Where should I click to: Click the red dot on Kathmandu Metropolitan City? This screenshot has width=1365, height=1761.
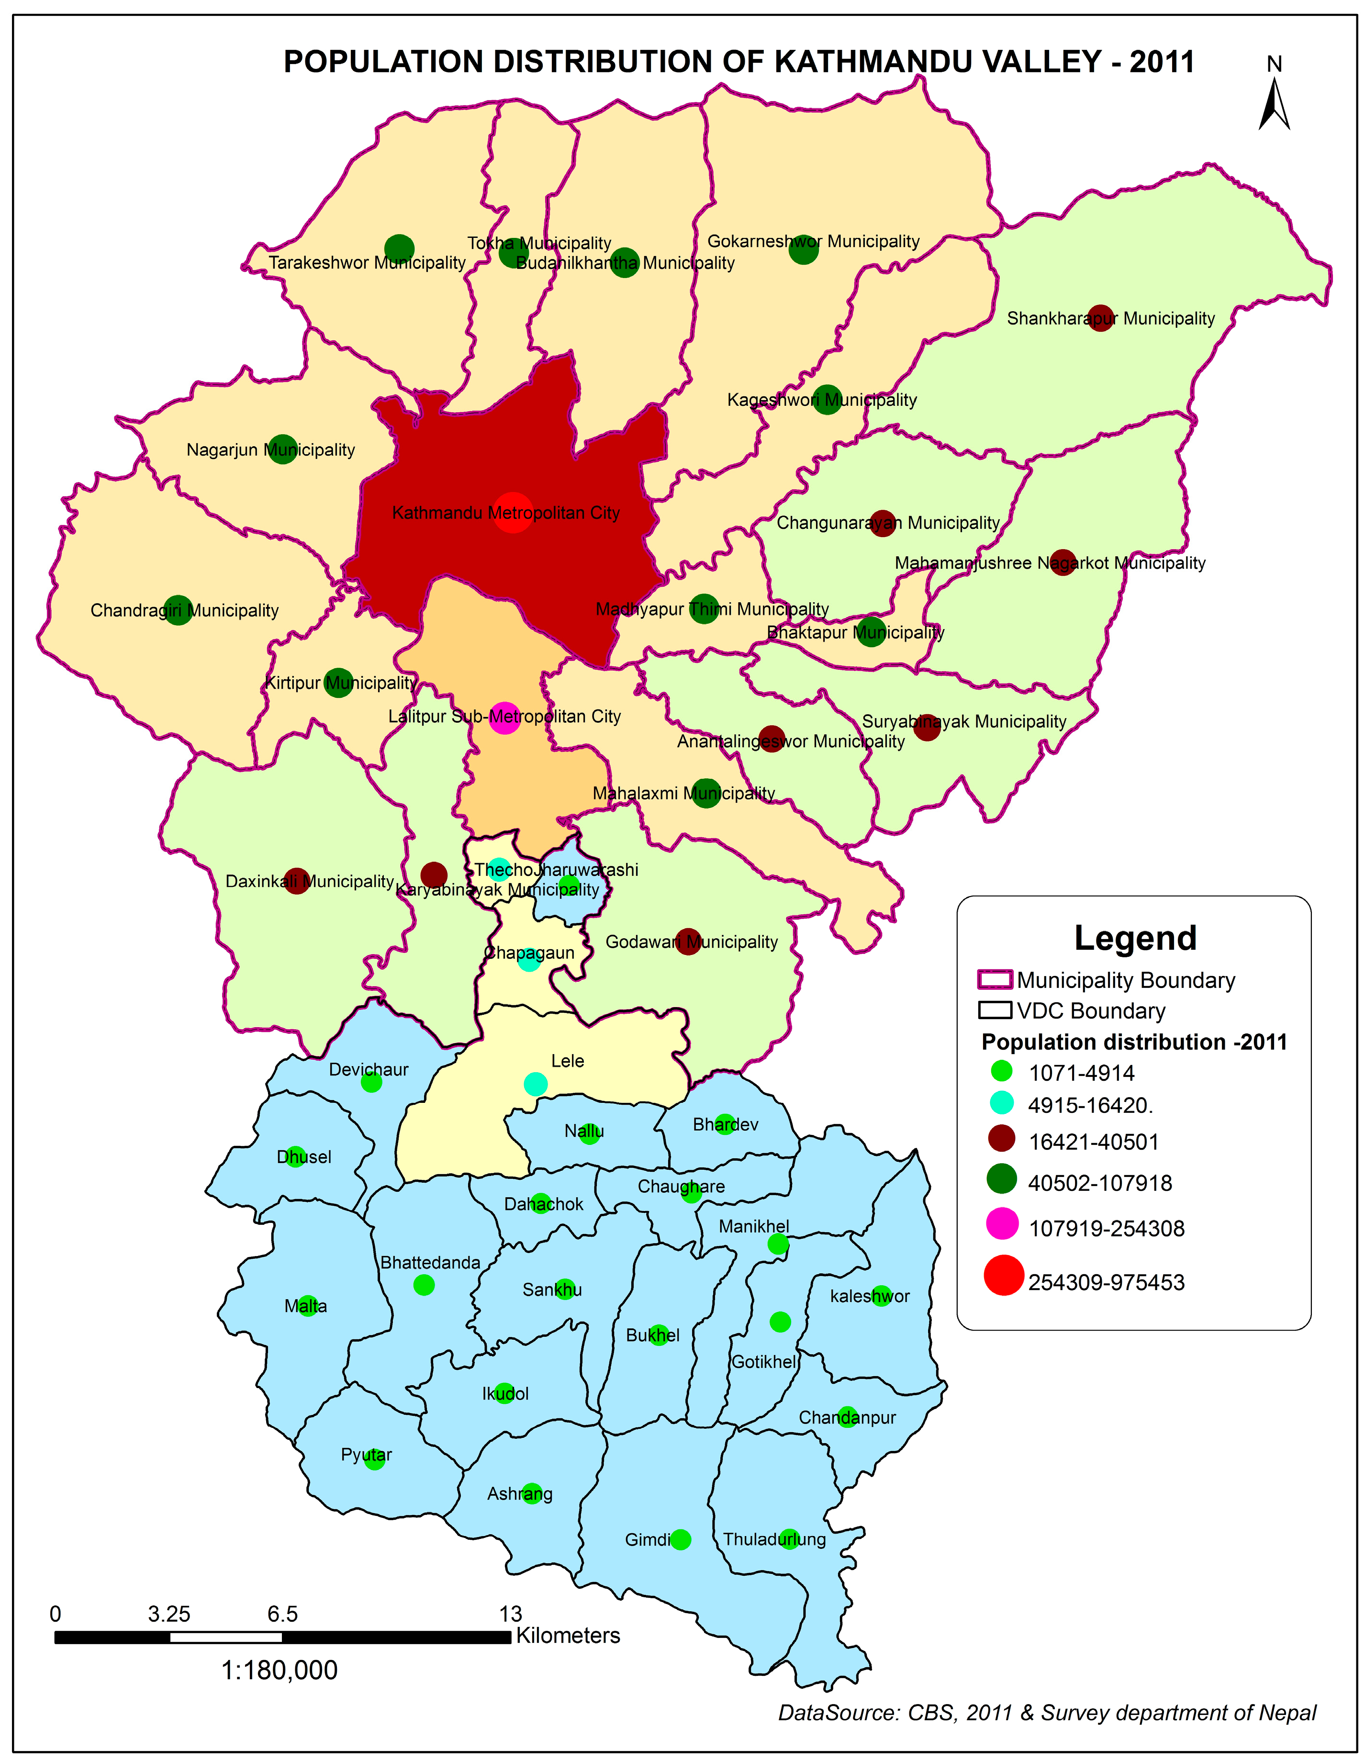513,512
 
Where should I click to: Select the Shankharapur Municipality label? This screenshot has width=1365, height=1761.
1110,318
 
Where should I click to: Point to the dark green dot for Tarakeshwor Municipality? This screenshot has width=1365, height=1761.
399,250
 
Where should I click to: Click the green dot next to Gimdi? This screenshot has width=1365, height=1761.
681,1539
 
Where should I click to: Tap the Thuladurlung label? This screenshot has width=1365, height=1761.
774,1539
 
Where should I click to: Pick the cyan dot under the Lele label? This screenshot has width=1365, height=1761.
536,1085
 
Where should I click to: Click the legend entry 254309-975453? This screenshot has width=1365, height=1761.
1106,1283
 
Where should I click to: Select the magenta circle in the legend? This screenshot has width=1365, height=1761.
1002,1224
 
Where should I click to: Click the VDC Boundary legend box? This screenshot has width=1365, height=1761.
994,1010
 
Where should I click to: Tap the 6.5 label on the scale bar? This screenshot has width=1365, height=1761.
282,1614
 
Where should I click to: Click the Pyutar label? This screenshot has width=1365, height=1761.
366,1455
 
